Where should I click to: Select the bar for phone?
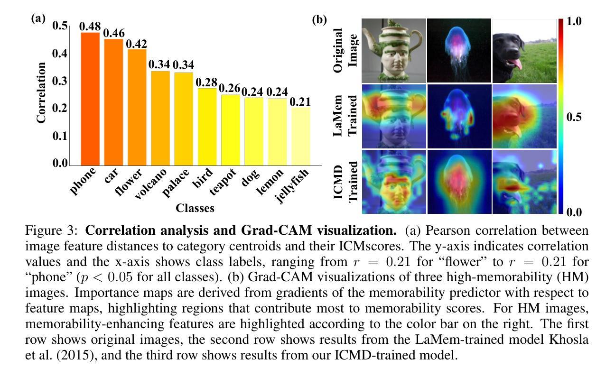click(x=90, y=99)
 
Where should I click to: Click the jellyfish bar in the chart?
click(x=300, y=136)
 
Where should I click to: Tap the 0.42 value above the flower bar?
click(x=136, y=43)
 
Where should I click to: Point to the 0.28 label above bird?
click(x=206, y=82)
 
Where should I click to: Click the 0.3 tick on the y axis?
click(x=60, y=81)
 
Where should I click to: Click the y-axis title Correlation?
click(x=42, y=93)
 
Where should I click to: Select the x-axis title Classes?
click(x=195, y=208)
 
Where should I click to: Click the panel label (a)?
click(x=38, y=18)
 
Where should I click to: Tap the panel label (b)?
click(x=319, y=20)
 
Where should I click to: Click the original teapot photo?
click(x=394, y=51)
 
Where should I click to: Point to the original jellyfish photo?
click(x=459, y=51)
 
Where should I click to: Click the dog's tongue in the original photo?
click(x=517, y=64)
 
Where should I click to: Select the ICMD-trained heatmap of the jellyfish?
click(x=459, y=182)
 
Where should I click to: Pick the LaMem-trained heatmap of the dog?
click(x=524, y=116)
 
